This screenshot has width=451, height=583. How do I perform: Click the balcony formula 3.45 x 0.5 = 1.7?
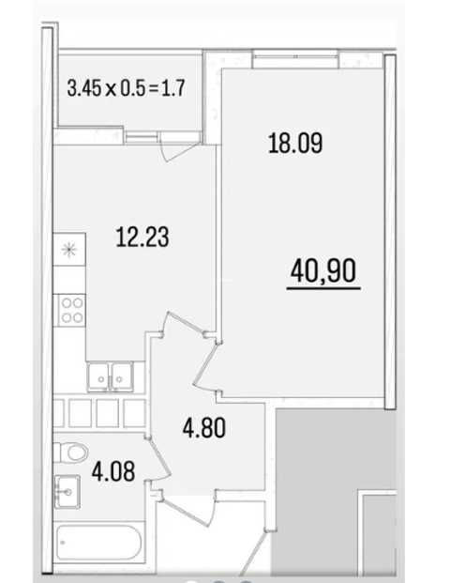(127, 89)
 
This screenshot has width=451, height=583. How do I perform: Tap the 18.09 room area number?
(295, 143)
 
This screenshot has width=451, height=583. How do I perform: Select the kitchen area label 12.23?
(143, 238)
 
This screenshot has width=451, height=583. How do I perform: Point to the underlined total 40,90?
(323, 270)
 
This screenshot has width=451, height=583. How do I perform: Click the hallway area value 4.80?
(204, 427)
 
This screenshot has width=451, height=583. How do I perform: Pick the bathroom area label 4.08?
(113, 471)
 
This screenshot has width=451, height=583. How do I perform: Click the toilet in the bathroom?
(71, 453)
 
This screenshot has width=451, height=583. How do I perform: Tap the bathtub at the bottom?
(99, 543)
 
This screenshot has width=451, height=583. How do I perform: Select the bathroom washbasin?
(68, 492)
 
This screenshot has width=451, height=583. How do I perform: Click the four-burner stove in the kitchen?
(69, 310)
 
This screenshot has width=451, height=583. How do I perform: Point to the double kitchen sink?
(111, 376)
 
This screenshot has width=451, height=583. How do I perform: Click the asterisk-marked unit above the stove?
(69, 249)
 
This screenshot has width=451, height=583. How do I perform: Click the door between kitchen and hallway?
(185, 323)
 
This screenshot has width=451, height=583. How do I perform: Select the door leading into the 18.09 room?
(206, 366)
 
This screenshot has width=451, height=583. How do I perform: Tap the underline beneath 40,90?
(323, 288)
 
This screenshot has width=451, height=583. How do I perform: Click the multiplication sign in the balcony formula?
(111, 90)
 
